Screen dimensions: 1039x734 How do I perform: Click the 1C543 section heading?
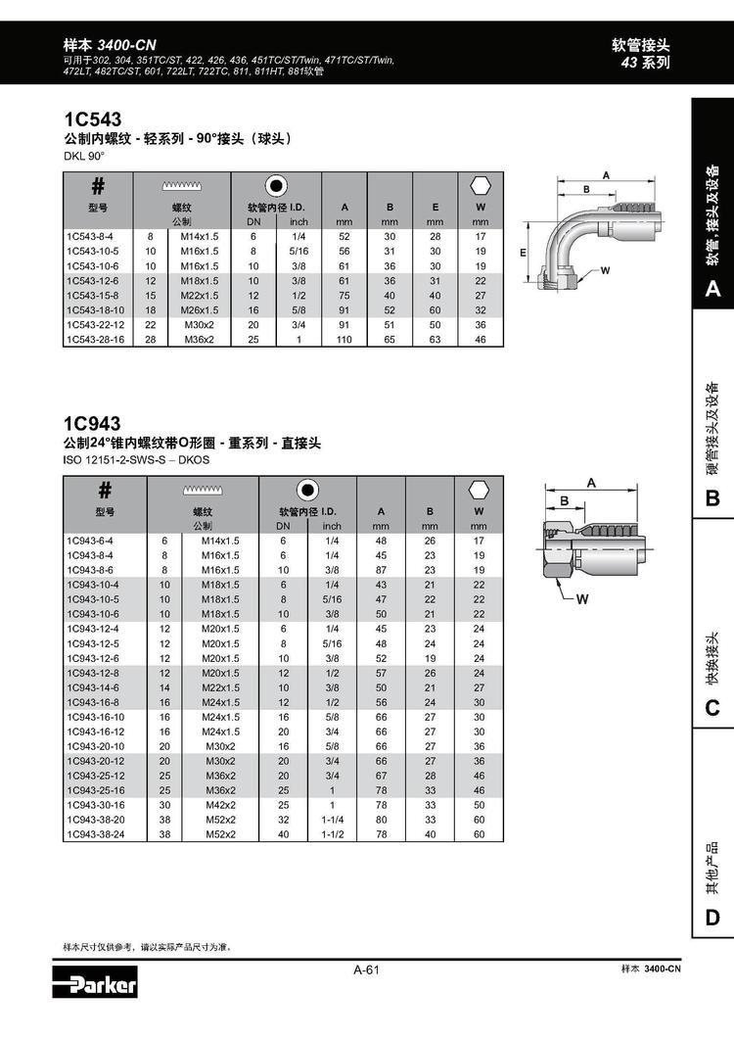point(92,119)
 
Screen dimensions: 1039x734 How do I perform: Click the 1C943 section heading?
point(92,424)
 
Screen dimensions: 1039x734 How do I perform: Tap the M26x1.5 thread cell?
point(199,309)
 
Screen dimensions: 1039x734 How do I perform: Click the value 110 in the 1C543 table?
point(344,339)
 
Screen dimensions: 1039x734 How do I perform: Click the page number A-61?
point(367,970)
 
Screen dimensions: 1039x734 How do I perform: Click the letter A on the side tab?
point(711,290)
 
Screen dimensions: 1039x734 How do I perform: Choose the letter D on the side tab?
point(711,918)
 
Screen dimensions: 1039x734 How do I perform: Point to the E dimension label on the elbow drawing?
point(525,252)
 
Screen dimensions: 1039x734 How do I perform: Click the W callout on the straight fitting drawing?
point(581,598)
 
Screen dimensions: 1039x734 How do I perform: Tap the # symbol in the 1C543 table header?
point(97,186)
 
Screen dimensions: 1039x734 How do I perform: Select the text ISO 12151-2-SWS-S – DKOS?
point(136,460)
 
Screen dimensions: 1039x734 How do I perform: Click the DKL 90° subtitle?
point(83,156)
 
